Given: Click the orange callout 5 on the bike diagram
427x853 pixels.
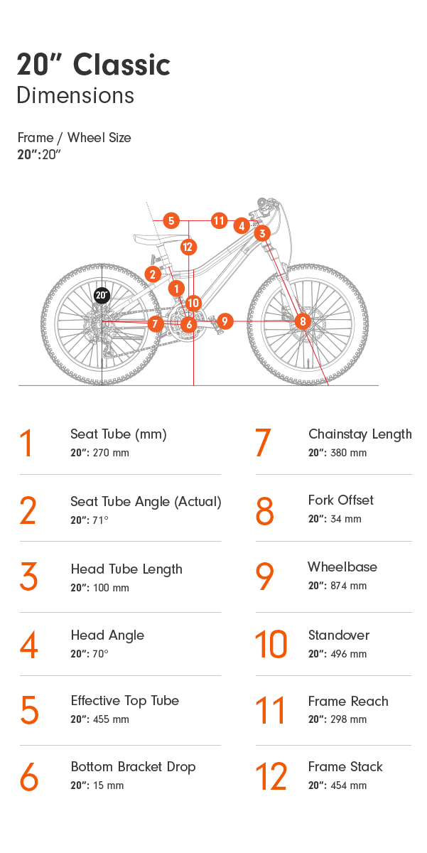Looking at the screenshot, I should coord(171,220).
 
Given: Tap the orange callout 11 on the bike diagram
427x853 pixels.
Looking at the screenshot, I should coord(219,220).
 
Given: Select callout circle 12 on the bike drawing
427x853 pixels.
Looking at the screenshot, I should coord(188,247).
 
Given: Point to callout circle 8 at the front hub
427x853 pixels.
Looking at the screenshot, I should coord(303,321).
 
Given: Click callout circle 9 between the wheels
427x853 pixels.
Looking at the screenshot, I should coord(225,321).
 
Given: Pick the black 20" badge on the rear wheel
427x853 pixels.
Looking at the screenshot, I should coord(102,295).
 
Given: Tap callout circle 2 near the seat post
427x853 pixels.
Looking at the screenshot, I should coord(152,274).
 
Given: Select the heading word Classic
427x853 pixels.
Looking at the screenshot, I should coord(121,65).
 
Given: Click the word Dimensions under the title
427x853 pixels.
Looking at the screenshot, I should coord(75,95).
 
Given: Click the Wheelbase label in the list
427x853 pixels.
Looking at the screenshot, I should coord(342,567).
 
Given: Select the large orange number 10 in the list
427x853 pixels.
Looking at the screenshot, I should coord(271,645).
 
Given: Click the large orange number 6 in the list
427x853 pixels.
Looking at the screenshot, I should coord(29,777).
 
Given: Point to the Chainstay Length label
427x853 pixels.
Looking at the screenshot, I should coord(360,434).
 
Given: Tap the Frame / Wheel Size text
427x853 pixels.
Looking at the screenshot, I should coord(74,138).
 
